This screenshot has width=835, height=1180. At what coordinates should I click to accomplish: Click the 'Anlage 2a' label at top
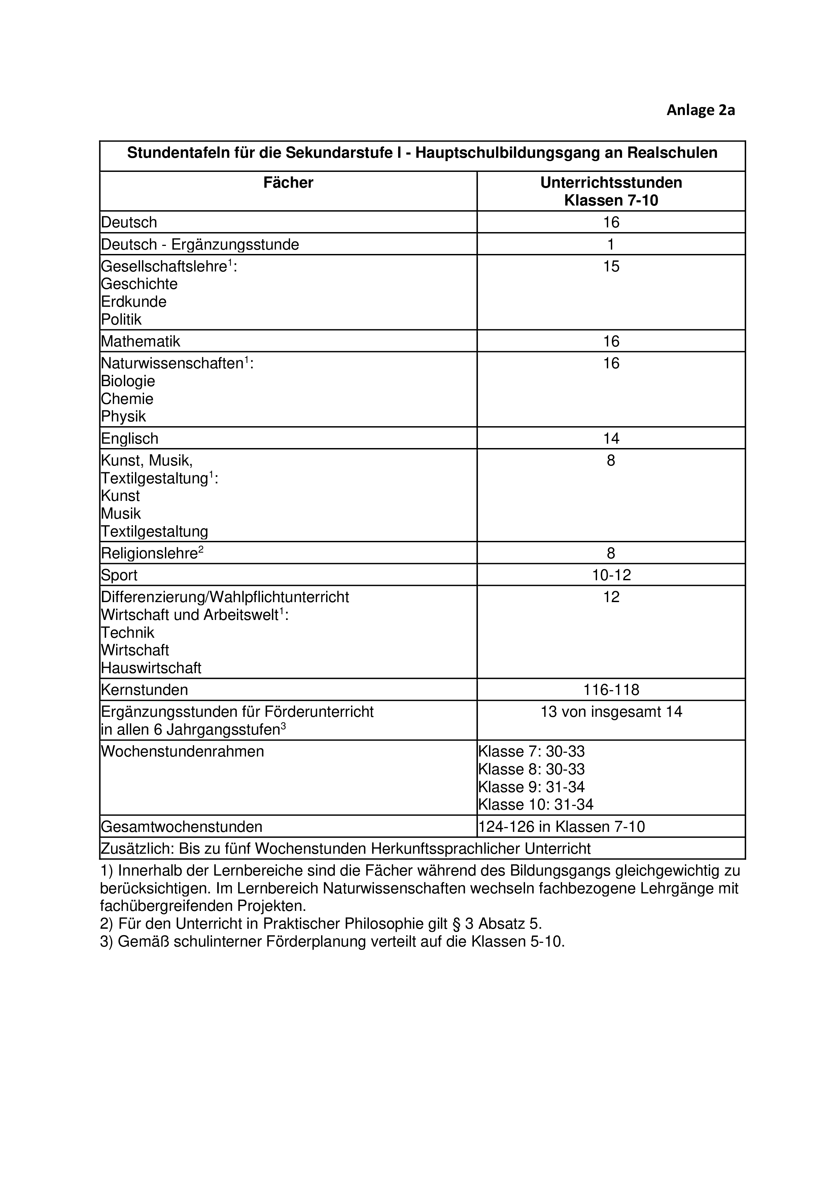coord(700,110)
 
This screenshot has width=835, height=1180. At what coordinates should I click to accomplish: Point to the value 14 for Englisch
coord(611,438)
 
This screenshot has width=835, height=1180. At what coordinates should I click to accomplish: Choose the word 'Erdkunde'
coord(134,302)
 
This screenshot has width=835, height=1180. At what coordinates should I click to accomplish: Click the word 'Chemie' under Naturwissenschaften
coord(127,399)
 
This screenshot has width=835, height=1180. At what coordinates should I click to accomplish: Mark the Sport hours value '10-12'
coord(611,575)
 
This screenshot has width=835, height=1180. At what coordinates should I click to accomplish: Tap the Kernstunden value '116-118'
coord(611,690)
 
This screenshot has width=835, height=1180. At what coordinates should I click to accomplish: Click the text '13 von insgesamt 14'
coord(611,712)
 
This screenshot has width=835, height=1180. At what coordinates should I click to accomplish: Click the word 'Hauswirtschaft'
coord(151,668)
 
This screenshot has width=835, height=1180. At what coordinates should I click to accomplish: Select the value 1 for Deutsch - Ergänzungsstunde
coord(611,244)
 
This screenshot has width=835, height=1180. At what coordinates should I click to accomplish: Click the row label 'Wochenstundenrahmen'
coord(182,751)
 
